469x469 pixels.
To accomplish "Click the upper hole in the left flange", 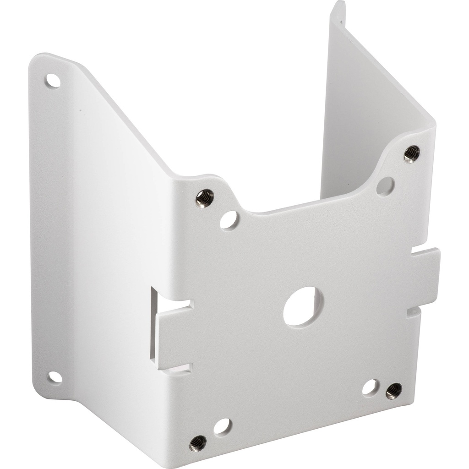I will tap(53, 81).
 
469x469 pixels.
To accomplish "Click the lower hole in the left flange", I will tap(55, 377).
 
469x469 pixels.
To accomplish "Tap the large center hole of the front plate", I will tap(303, 306).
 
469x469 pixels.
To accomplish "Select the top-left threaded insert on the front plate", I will tap(204, 198).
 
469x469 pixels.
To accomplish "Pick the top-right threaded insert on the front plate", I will tap(411, 154).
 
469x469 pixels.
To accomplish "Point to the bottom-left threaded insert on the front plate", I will tap(198, 443).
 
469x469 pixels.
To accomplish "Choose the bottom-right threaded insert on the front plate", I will tap(393, 391).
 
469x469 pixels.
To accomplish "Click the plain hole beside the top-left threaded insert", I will tap(229, 220).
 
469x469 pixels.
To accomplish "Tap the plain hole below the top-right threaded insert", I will tap(385, 185).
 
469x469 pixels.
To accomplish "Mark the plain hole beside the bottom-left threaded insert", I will tap(222, 426).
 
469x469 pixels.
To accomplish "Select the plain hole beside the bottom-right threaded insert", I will tap(371, 387).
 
